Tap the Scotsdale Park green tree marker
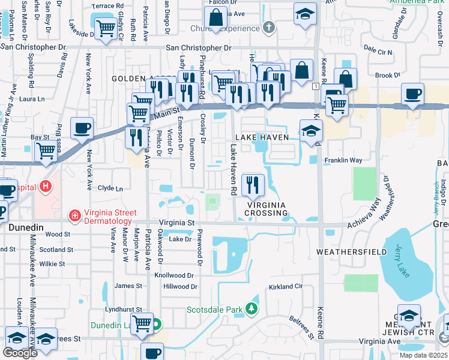tap(252, 310)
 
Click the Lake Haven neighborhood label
tap(262, 137)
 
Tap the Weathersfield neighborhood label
tap(351, 252)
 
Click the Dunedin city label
tap(25, 227)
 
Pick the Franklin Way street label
tap(343, 160)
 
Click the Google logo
tap(20, 353)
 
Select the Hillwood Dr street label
tap(180, 287)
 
